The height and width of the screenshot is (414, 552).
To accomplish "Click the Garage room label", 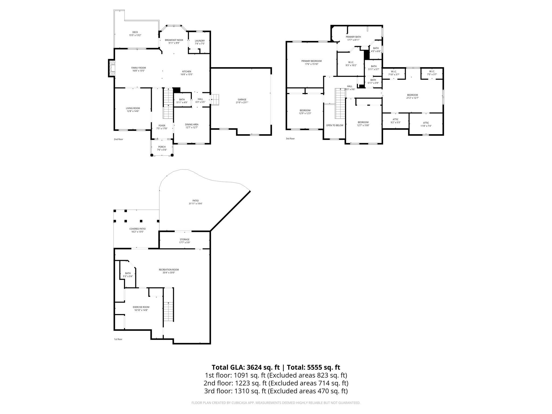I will click(242, 101).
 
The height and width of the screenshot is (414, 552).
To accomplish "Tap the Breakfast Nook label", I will click(174, 41).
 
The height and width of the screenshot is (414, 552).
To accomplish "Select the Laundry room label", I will click(200, 42).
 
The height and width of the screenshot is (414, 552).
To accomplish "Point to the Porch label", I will click(162, 148).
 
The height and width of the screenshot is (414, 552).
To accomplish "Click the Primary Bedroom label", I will click(311, 62).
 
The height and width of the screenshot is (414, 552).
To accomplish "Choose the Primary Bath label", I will click(353, 38).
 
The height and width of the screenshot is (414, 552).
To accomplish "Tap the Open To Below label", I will click(334, 125).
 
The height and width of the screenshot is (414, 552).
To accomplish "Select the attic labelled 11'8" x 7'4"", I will click(426, 124).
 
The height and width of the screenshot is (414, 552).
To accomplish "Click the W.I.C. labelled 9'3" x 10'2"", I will click(351, 64).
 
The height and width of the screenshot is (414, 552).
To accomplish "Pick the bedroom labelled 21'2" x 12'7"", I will click(412, 96).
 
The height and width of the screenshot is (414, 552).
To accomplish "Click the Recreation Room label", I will click(169, 271).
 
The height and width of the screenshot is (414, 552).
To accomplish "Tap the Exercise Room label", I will click(141, 308).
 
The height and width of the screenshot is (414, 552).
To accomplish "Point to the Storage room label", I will click(185, 241).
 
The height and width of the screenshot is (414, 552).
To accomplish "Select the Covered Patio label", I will click(137, 230).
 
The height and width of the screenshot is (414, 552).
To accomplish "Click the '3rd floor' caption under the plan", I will click(290, 139).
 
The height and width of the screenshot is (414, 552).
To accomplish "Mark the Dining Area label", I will click(192, 126).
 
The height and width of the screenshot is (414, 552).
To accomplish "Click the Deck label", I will click(135, 33).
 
